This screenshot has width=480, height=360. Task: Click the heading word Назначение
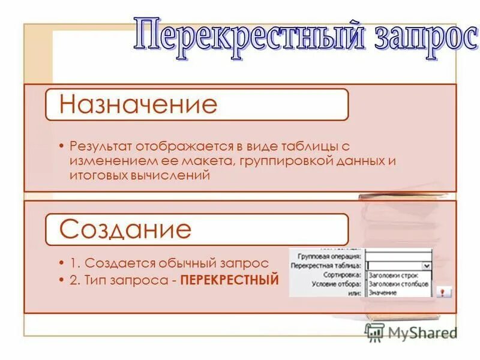point(139,104)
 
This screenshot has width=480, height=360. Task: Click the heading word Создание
point(125,229)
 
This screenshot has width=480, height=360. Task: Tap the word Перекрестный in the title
point(249,37)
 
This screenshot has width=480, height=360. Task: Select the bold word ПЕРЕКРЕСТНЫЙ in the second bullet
point(230,280)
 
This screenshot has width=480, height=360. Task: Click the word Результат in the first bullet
point(100,146)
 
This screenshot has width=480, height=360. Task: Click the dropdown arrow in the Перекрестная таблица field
point(427,265)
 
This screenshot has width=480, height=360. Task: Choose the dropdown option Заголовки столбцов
point(398,283)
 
